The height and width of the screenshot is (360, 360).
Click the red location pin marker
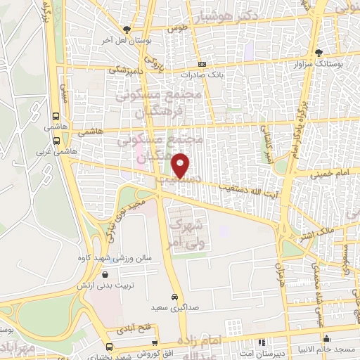pos(181,166)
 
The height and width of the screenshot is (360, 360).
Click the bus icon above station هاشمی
pos(56,117)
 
